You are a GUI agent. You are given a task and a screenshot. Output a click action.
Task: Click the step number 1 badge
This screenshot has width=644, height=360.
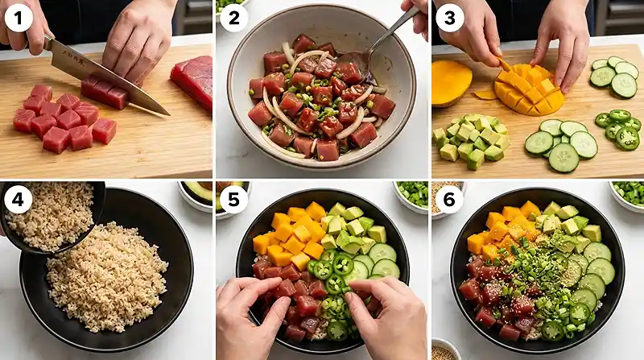[18, 17]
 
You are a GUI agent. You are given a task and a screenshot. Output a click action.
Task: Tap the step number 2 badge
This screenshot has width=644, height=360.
[233, 17]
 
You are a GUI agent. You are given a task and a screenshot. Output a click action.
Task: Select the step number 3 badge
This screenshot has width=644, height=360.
[449, 17]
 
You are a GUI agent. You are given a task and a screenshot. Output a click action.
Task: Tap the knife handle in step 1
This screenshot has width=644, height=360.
[58, 50]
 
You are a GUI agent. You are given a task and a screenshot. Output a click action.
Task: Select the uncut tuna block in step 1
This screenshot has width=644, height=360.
[192, 80]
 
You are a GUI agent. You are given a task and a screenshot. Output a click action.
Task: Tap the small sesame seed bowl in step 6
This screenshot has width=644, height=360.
[442, 351]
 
